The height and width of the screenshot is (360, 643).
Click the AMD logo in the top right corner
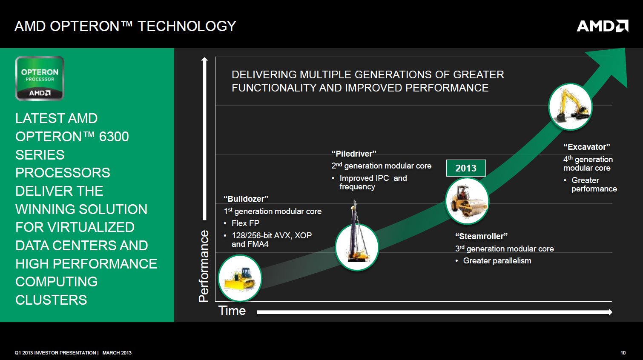[603, 26]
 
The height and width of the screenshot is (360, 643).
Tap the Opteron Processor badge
[40, 78]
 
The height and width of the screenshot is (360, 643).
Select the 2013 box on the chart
[466, 168]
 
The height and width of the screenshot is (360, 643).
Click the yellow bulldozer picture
[240, 278]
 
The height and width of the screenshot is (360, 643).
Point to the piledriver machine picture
[357, 235]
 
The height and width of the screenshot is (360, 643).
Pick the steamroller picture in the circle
[467, 201]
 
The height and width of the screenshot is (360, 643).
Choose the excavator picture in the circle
[570, 107]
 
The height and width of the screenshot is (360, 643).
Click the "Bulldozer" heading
[246, 199]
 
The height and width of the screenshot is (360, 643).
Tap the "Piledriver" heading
[354, 154]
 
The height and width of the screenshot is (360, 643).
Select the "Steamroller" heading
[481, 236]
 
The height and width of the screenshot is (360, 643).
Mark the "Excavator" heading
[587, 147]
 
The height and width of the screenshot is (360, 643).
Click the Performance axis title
[204, 266]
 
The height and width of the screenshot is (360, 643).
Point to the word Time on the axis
[232, 311]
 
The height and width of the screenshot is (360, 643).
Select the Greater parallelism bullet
[493, 261]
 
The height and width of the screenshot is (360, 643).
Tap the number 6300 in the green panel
[114, 137]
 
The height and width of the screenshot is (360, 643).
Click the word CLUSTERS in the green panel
[51, 300]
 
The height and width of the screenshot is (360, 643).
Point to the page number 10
[623, 353]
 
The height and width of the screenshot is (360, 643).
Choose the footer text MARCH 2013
[117, 353]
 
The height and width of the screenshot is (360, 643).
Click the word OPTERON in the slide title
[85, 26]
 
